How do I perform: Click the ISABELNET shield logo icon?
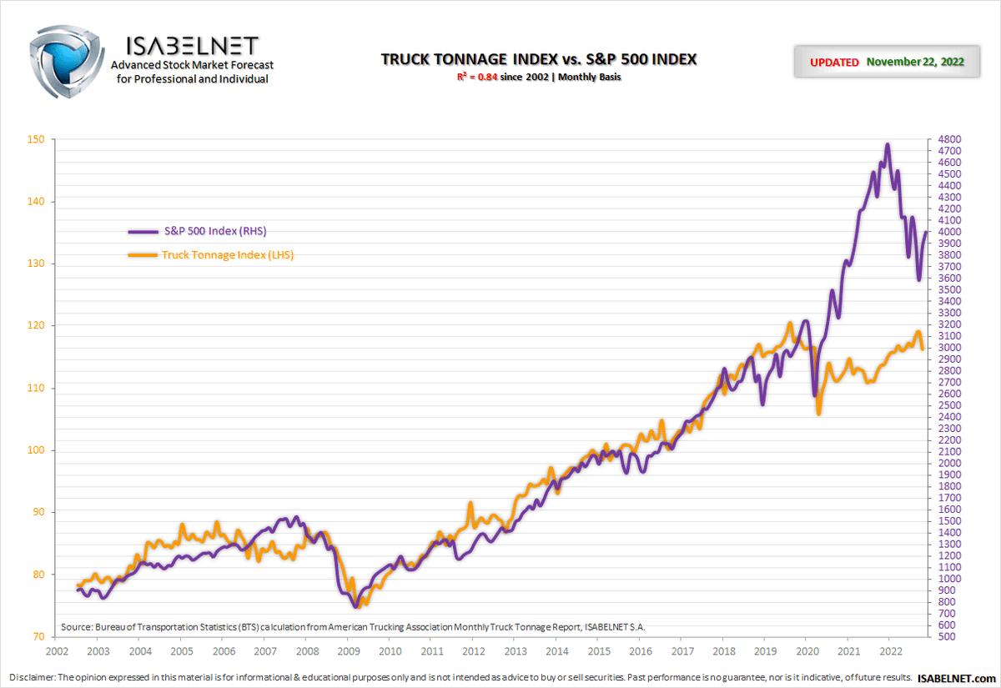[x=65, y=60]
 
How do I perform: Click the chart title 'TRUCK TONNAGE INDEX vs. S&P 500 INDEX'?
[x=538, y=59]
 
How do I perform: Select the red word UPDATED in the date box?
[x=834, y=63]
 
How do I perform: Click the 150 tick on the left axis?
[x=36, y=139]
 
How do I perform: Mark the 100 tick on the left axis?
[x=36, y=450]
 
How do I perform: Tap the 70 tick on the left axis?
[x=38, y=637]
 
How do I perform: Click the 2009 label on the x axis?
[x=348, y=651]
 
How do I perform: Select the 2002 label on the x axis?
[x=56, y=651]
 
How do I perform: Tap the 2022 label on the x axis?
[x=890, y=651]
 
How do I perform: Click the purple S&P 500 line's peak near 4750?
[x=887, y=144]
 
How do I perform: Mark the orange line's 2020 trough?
[x=818, y=413]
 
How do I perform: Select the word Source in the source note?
[x=76, y=626]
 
